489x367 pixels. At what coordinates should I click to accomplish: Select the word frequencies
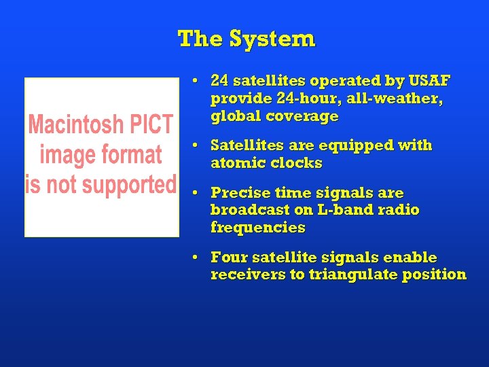(258, 228)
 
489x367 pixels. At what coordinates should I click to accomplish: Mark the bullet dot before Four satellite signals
(195, 258)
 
